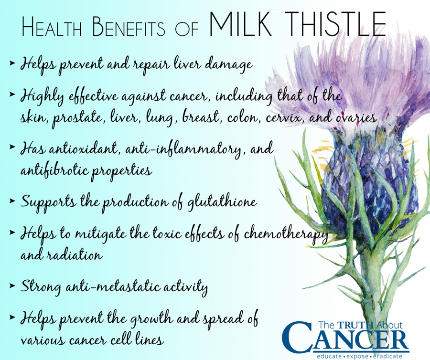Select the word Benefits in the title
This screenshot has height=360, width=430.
[129, 27]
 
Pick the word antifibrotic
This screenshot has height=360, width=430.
[55, 170]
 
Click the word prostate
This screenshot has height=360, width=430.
[77, 118]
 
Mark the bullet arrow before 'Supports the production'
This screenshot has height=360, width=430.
[12, 201]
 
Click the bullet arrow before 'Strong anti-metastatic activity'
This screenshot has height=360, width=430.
[12, 286]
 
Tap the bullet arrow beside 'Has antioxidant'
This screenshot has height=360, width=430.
[12, 147]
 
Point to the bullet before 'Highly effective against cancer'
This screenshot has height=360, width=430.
[12, 94]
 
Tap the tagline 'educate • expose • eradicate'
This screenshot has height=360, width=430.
[359, 356]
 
